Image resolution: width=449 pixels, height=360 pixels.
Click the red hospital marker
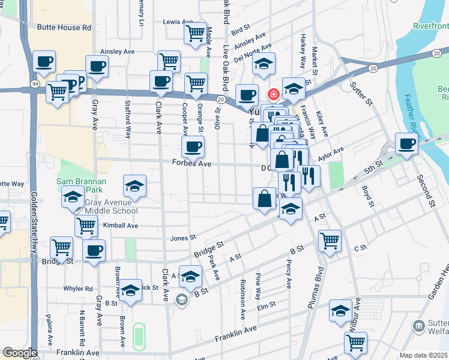coord(273,94)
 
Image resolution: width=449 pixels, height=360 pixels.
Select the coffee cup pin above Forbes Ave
coord(193,146)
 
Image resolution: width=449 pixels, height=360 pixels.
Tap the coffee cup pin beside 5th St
coord(406,143)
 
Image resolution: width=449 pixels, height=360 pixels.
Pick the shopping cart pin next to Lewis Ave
coord(195,34)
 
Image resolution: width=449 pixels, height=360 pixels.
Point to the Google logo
coord(20,353)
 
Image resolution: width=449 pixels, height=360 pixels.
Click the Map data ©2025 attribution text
coord(423,355)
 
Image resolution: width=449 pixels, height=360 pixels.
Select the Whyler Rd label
coord(78,289)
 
